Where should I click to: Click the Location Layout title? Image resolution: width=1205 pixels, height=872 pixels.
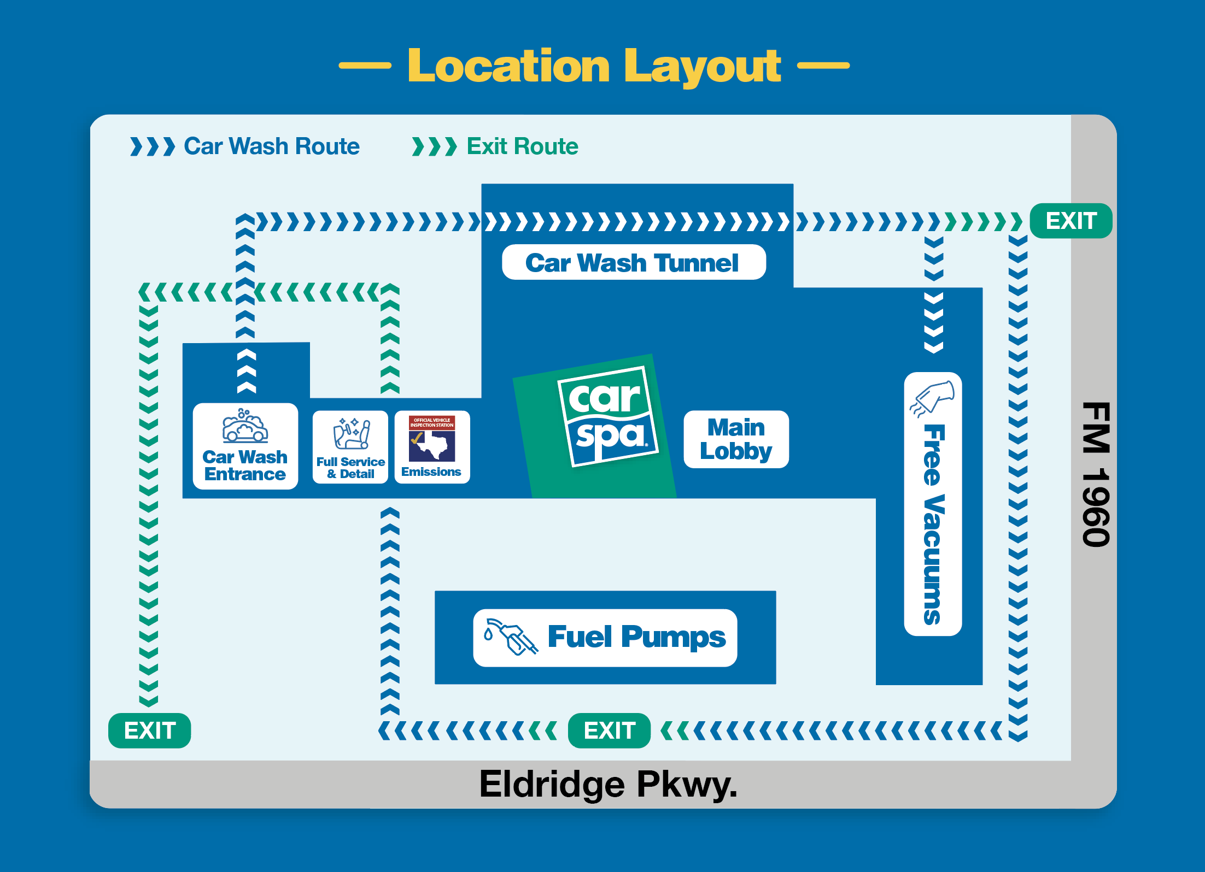tap(594, 66)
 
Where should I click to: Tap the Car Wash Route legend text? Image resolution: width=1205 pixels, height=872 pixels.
tap(272, 146)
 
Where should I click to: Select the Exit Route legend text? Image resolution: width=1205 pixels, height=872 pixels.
tap(522, 146)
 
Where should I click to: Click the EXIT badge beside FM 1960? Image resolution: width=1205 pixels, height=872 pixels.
tap(1071, 221)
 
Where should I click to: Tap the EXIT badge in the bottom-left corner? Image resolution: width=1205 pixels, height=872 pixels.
tap(150, 730)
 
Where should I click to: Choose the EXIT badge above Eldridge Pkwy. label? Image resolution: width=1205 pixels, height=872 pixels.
tap(610, 730)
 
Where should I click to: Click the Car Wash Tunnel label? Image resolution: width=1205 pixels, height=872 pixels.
tap(632, 263)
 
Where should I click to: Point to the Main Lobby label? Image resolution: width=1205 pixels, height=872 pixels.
tap(736, 439)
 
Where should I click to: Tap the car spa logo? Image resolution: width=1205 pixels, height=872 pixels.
tap(607, 416)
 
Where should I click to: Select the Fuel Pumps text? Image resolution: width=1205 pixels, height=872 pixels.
tap(637, 637)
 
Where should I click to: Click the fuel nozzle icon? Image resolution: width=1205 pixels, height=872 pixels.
tap(511, 637)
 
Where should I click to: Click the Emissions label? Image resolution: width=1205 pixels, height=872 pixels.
tap(431, 472)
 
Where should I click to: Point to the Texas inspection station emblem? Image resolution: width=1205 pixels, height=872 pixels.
tap(432, 438)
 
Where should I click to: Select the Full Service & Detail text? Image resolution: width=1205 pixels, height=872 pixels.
tap(350, 468)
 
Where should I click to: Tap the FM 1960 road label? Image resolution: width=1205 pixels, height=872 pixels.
tap(1096, 474)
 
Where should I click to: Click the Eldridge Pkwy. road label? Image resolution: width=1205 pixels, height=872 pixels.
tap(609, 785)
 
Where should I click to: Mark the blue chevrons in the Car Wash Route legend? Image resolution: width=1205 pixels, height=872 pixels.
tap(153, 146)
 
